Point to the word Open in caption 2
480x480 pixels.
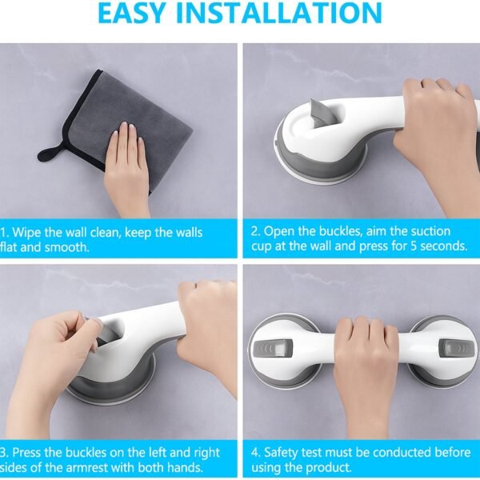click(x=281, y=232)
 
